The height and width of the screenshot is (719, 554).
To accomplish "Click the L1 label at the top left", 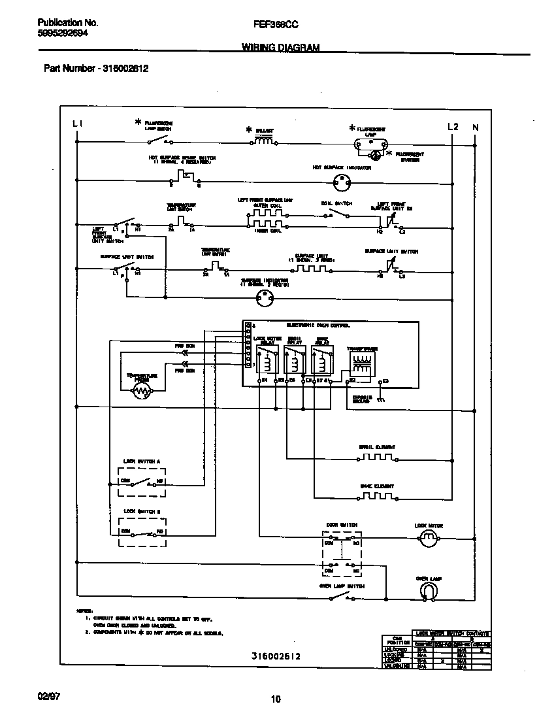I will (77, 124).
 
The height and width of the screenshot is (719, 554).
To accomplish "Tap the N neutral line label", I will (476, 127).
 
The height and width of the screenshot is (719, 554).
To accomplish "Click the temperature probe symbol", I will (141, 392).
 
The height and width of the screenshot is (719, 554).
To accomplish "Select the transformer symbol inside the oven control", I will (361, 365).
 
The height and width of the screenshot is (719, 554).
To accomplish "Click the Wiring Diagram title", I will (281, 48).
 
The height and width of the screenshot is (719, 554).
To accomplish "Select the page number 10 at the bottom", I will (276, 699).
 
